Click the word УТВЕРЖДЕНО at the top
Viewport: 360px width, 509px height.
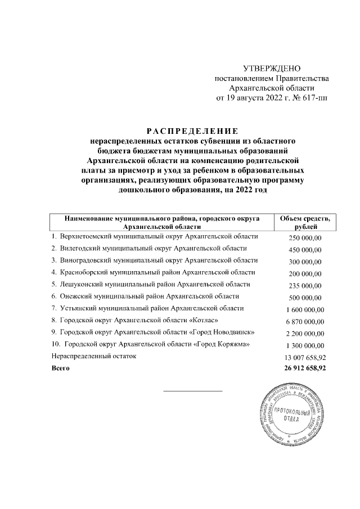(x=272, y=68)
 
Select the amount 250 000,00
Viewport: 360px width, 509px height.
(x=304, y=238)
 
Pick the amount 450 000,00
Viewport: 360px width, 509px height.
(x=304, y=250)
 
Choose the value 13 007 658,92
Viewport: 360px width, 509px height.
(x=303, y=357)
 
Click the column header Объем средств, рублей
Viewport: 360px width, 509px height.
(x=304, y=222)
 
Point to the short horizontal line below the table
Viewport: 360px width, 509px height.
(x=192, y=390)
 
